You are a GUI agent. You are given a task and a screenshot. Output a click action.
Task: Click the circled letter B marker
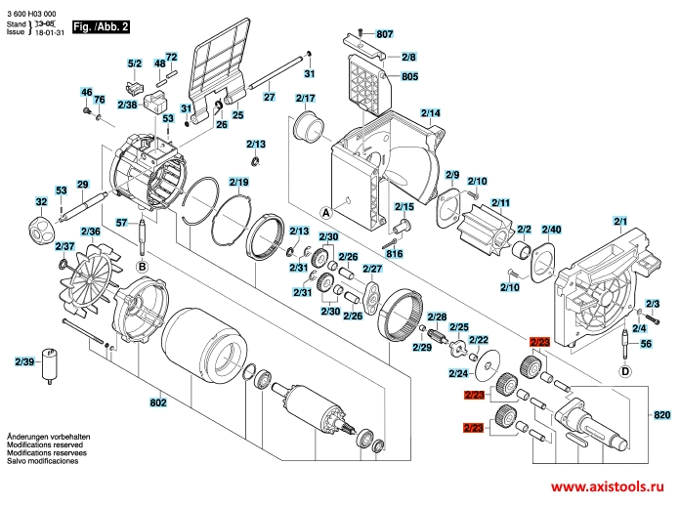pyautogui.click(x=141, y=265)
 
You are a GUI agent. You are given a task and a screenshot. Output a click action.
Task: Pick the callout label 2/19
pyautogui.click(x=239, y=183)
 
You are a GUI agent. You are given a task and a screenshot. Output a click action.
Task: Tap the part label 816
pyautogui.click(x=395, y=253)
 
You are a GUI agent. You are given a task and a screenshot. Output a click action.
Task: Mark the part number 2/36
pyautogui.click(x=91, y=232)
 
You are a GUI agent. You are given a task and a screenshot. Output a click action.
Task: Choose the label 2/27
pyautogui.click(x=372, y=268)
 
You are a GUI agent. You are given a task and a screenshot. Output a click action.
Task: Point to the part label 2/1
pyautogui.click(x=619, y=220)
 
